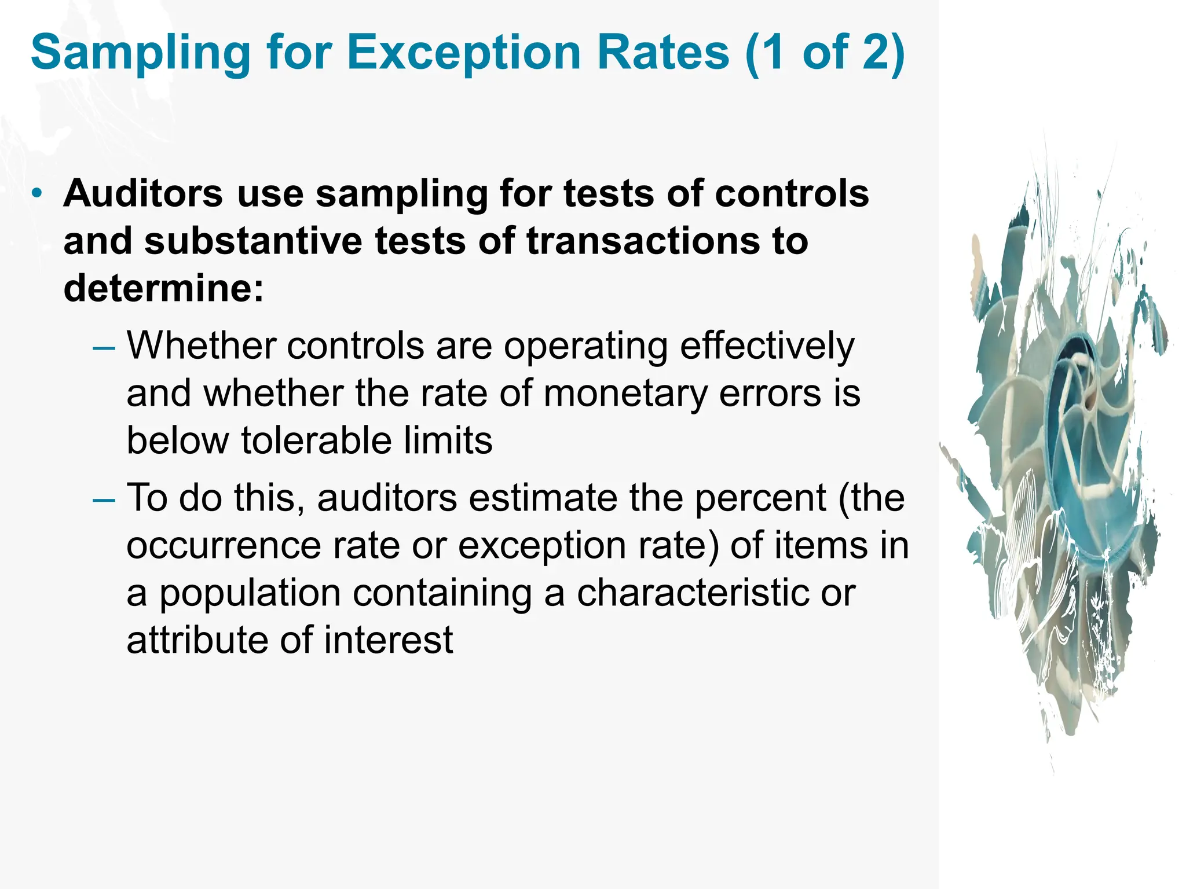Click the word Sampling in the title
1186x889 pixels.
point(140,53)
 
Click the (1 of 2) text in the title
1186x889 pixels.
point(825,53)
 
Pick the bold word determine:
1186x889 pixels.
point(163,288)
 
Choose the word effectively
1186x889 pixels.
point(767,346)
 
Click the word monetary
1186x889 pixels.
point(625,394)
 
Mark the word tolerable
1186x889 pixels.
point(316,441)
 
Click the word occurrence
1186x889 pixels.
point(224,545)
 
